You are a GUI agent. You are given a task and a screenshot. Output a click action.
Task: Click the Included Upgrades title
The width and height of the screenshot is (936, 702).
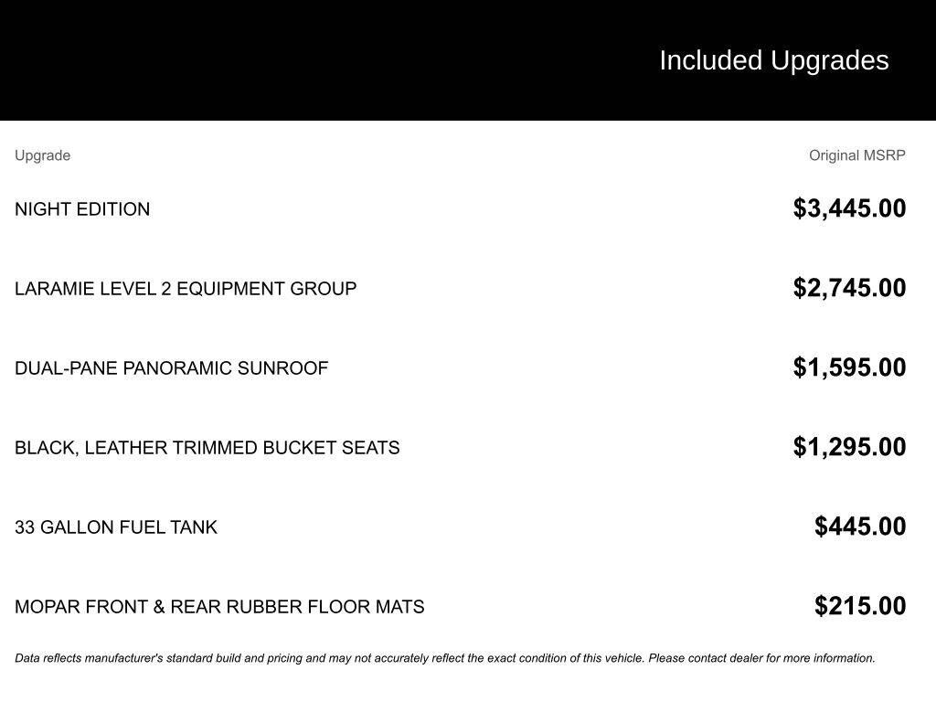(x=773, y=60)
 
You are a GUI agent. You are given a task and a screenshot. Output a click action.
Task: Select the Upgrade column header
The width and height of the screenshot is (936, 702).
(x=42, y=155)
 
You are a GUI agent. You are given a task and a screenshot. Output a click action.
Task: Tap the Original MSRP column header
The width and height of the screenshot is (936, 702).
(x=856, y=155)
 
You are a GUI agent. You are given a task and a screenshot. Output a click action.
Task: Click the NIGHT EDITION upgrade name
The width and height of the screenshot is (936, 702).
(x=82, y=209)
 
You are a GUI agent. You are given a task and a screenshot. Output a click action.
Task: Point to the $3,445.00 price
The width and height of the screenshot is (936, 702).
(x=849, y=208)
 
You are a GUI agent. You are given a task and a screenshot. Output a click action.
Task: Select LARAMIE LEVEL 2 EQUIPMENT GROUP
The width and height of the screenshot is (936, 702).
(x=186, y=289)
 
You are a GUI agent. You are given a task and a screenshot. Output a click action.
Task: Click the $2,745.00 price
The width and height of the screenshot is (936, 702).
(x=849, y=288)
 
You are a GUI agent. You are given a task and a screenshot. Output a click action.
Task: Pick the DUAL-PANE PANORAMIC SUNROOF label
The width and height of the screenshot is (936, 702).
(x=171, y=368)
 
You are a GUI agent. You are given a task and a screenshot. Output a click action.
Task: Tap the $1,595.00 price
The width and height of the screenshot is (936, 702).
(x=849, y=367)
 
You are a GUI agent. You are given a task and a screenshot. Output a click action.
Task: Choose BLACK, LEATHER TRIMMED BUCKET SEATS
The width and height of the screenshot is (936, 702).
(x=207, y=448)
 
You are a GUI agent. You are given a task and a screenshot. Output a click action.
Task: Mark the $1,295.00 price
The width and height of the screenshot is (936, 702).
(x=849, y=447)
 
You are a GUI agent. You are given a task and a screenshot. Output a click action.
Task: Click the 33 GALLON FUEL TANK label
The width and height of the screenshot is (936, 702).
(x=116, y=527)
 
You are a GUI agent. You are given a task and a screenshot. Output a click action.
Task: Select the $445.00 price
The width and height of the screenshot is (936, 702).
(x=860, y=526)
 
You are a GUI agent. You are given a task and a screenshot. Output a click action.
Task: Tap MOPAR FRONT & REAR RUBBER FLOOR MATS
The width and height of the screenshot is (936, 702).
(x=219, y=607)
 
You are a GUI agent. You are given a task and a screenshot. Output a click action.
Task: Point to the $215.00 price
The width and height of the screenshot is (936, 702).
(x=860, y=606)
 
